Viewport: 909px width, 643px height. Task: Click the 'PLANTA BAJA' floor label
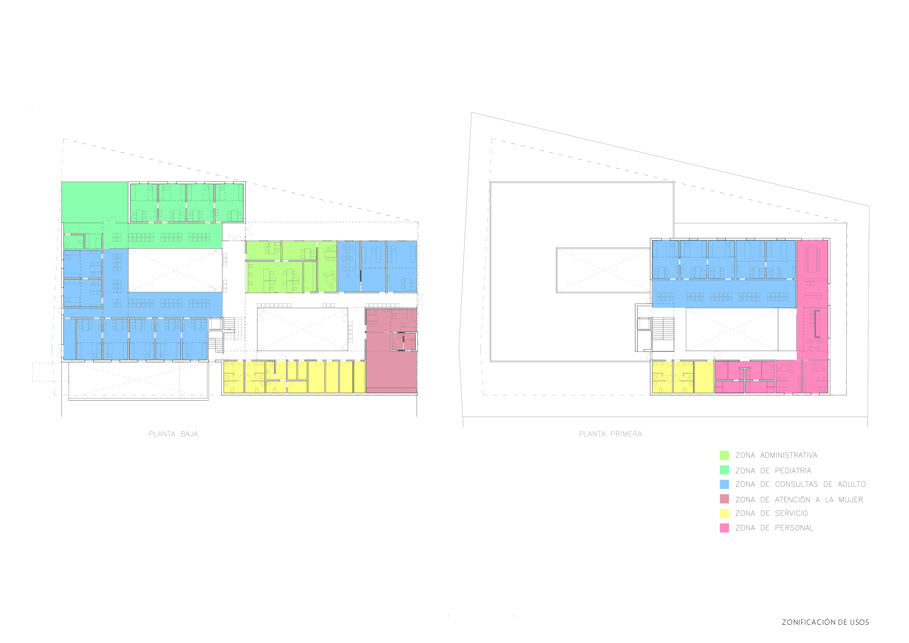pyautogui.click(x=173, y=434)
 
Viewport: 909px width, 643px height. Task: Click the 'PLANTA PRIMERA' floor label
pyautogui.click(x=610, y=434)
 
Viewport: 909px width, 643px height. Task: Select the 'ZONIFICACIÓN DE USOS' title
pyautogui.click(x=825, y=622)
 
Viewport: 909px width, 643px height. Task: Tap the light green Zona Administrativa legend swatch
pyautogui.click(x=724, y=455)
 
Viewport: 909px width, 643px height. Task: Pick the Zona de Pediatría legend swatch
pyautogui.click(x=724, y=470)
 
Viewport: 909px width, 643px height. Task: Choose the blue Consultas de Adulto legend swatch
pyautogui.click(x=724, y=484)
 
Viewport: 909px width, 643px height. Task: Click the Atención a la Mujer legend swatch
pyautogui.click(x=724, y=499)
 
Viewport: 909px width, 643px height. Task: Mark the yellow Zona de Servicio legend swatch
pyautogui.click(x=724, y=513)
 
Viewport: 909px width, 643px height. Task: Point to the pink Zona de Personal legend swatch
pyautogui.click(x=724, y=528)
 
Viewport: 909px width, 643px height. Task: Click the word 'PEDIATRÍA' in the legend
pyautogui.click(x=793, y=470)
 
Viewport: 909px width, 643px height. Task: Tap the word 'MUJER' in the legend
pyautogui.click(x=851, y=500)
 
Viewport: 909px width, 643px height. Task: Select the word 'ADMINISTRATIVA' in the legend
pyautogui.click(x=789, y=455)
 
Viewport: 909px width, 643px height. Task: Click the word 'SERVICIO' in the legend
pyautogui.click(x=791, y=514)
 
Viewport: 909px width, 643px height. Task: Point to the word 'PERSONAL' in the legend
pyautogui.click(x=794, y=528)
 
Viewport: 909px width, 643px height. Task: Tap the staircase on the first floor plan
pyautogui.click(x=663, y=328)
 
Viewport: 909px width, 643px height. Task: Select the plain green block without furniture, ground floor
pyautogui.click(x=95, y=202)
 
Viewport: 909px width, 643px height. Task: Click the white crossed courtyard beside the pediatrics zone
pyautogui.click(x=175, y=270)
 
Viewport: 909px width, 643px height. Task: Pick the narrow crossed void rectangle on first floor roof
pyautogui.click(x=603, y=271)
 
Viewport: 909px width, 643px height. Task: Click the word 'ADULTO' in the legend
pyautogui.click(x=851, y=485)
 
